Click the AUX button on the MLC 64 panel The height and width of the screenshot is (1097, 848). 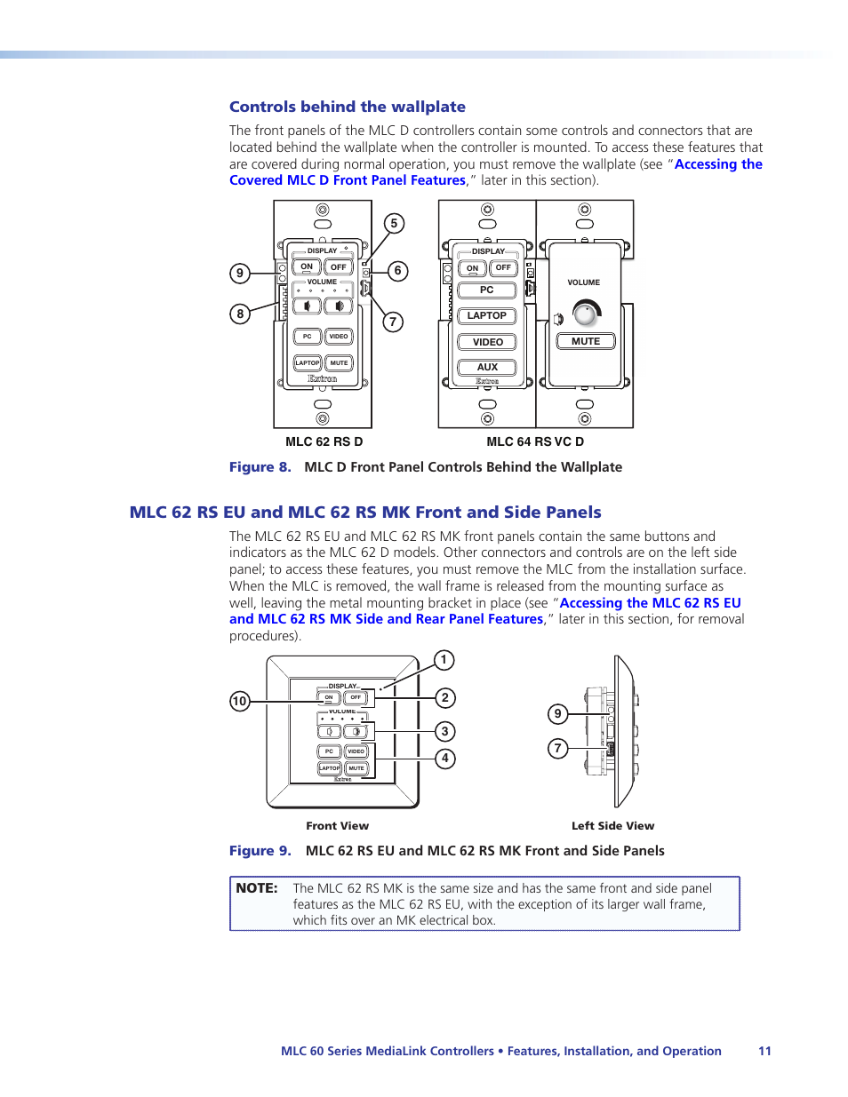[x=487, y=367]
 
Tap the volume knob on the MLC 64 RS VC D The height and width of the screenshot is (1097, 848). [x=585, y=314]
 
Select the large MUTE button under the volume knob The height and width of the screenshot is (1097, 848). [x=586, y=341]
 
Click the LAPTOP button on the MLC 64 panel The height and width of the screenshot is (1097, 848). [x=487, y=315]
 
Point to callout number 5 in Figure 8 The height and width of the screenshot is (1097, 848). [x=394, y=223]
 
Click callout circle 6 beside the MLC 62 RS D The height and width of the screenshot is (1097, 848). [x=397, y=271]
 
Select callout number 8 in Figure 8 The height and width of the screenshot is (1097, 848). [x=240, y=314]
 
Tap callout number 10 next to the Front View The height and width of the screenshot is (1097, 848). [x=239, y=701]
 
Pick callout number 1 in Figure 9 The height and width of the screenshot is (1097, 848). [x=444, y=660]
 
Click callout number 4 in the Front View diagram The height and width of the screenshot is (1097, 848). [x=444, y=759]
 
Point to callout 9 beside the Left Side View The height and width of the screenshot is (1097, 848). [x=557, y=713]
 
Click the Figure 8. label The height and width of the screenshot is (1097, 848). [x=260, y=467]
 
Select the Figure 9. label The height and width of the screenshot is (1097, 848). [x=260, y=851]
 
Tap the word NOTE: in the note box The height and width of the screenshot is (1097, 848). [x=257, y=888]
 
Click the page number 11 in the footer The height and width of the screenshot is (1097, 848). [x=764, y=1051]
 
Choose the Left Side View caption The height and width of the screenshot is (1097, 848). [x=612, y=826]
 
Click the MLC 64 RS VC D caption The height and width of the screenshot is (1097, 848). [x=535, y=441]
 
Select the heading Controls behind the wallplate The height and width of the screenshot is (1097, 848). [x=347, y=107]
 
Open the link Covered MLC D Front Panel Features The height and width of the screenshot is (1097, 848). [x=347, y=180]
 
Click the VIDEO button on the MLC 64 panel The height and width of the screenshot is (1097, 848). [x=487, y=342]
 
